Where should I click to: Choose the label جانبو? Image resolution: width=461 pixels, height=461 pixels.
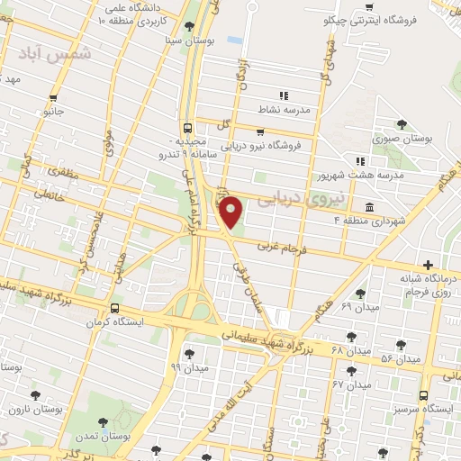[x=55, y=113]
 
